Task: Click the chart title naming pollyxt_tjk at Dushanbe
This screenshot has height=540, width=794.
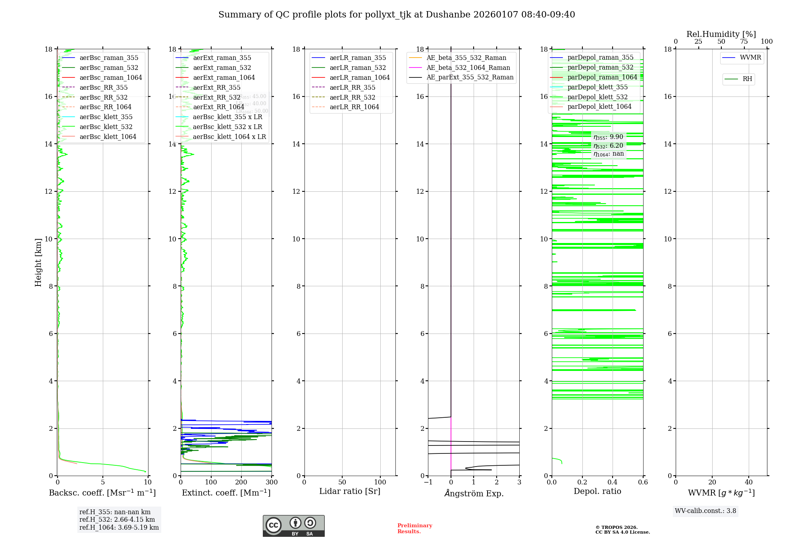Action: click(397, 15)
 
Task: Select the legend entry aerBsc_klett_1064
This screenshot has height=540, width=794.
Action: click(108, 137)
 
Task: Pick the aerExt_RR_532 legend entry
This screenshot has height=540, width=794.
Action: click(216, 97)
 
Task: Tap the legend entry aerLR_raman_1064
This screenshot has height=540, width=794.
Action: click(359, 77)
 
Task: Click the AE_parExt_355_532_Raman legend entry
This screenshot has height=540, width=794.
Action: click(470, 77)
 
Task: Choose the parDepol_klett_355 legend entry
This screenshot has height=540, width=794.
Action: click(597, 87)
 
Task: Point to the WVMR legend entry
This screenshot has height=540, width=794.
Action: click(750, 58)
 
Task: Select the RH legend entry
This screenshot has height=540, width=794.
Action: click(747, 79)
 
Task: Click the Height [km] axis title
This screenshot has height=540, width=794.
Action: click(38, 262)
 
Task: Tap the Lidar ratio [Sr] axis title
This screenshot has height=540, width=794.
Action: click(350, 491)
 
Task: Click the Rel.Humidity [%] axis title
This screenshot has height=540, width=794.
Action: click(721, 34)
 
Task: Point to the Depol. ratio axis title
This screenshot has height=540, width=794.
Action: click(597, 491)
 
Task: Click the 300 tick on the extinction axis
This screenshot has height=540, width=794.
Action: click(272, 482)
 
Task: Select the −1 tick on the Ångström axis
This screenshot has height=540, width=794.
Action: click(428, 482)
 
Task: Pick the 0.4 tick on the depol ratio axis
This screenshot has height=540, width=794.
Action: click(613, 482)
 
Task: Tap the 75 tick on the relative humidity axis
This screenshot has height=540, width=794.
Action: click(744, 42)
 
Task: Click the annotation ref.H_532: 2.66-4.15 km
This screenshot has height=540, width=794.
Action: click(117, 519)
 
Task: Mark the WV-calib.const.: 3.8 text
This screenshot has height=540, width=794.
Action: click(705, 511)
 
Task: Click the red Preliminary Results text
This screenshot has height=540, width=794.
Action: click(414, 528)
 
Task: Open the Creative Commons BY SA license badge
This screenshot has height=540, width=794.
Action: click(293, 526)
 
